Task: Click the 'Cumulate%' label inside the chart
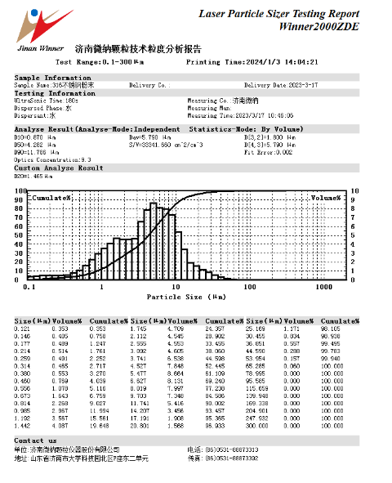[x=51, y=198]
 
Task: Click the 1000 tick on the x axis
[x=323, y=288]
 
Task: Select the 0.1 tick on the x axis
[x=30, y=288]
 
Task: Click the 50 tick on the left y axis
[x=20, y=236]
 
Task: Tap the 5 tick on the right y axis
[x=354, y=236]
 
